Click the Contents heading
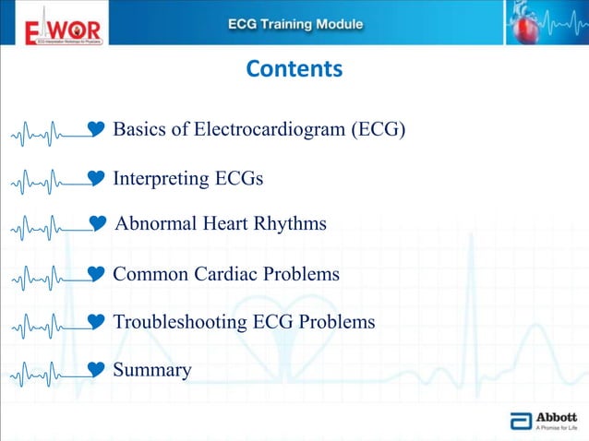294,69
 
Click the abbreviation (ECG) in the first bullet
378,129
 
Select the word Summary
152,370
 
